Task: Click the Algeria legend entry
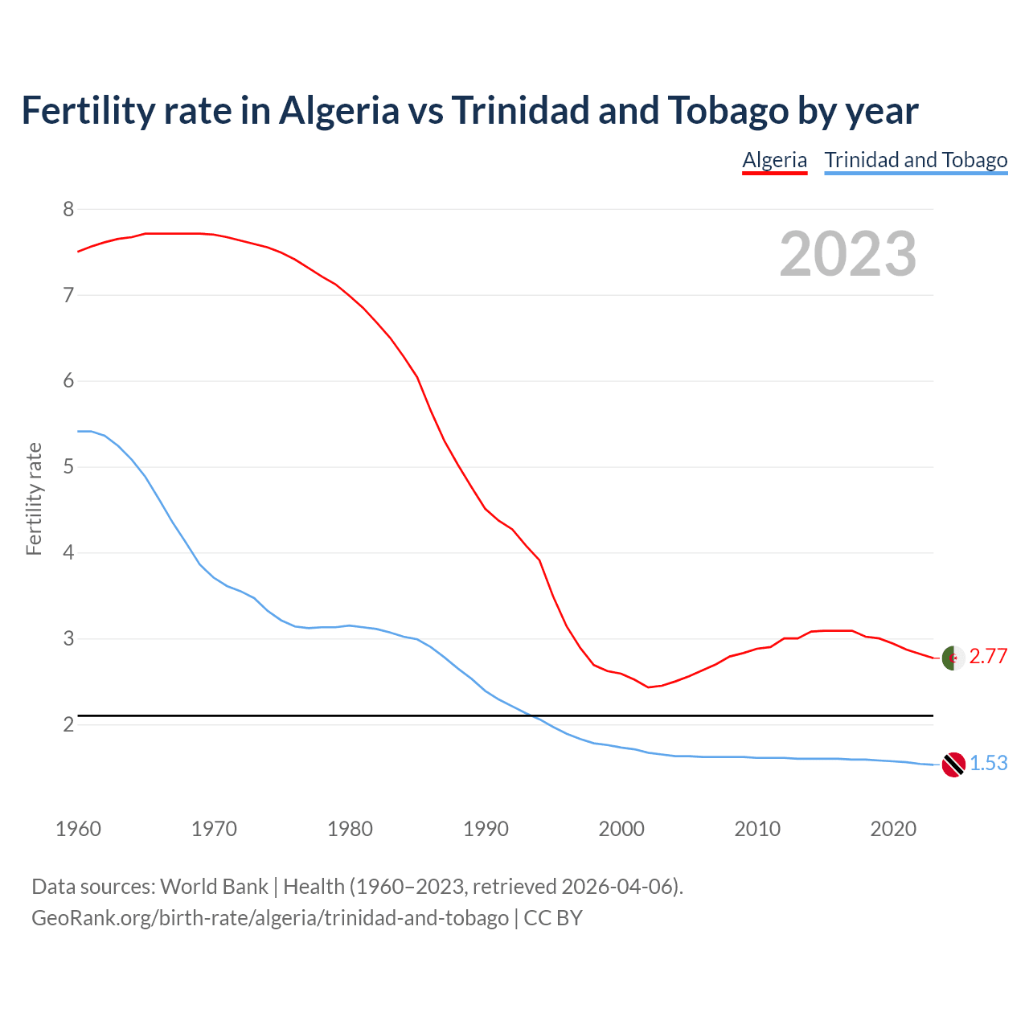[774, 160]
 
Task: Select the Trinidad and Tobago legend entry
[916, 160]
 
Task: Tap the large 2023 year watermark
[848, 254]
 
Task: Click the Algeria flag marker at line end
[953, 658]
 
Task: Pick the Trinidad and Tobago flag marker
[953, 764]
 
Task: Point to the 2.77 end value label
[988, 657]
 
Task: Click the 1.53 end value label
[988, 763]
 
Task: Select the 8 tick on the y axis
[68, 210]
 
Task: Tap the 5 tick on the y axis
[68, 467]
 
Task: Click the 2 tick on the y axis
[68, 724]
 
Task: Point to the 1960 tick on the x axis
[78, 829]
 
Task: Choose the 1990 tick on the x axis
[486, 829]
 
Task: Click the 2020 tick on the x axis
[893, 829]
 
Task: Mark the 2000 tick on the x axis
[621, 829]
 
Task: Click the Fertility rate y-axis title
[34, 498]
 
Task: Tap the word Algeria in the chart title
[338, 111]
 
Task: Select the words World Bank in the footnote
[214, 887]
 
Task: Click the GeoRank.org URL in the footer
[270, 918]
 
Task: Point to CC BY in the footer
[553, 918]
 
